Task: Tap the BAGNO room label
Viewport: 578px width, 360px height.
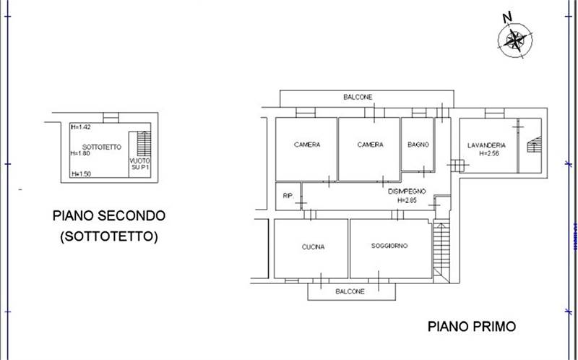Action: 418,145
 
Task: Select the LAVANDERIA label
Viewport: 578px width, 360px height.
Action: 486,145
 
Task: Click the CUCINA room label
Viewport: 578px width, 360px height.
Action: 313,247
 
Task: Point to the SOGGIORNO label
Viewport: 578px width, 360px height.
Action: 390,246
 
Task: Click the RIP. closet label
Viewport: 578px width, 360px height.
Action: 288,195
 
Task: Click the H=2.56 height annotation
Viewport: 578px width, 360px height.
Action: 486,153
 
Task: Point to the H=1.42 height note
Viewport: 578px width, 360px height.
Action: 80,127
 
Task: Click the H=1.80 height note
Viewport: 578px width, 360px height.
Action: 80,153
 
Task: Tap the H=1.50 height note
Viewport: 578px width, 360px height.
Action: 80,174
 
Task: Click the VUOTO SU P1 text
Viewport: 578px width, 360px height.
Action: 139,165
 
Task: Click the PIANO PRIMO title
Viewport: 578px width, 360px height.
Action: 473,327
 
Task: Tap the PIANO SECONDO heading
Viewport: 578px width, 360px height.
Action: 109,215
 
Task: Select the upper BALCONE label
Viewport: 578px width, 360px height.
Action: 358,97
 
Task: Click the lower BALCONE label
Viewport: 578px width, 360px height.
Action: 350,291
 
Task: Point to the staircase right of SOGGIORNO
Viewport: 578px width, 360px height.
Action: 441,249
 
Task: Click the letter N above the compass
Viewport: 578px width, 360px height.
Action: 507,17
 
